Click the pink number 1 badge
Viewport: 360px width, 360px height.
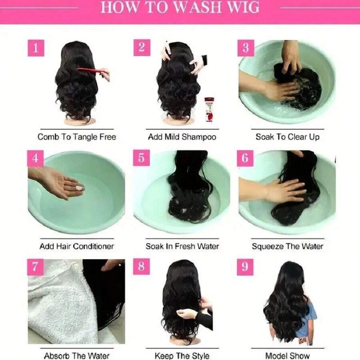coord(36,48)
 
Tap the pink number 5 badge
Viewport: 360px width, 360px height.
coord(141,158)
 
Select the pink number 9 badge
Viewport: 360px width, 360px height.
coord(245,267)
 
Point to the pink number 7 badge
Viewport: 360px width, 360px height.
coord(35,267)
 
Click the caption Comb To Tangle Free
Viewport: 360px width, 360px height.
coord(77,137)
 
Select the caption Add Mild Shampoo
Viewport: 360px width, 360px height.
coord(182,137)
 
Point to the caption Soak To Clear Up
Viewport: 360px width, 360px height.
coord(288,137)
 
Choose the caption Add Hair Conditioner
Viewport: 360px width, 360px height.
coord(77,246)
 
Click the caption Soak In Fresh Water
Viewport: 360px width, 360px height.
coord(182,246)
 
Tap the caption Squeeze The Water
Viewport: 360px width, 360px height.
coord(288,246)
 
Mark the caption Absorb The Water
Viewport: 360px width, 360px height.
coord(77,355)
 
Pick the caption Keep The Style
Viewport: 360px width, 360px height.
coord(182,355)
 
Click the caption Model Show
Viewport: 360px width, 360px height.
coord(288,355)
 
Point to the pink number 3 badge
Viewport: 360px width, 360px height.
coord(246,48)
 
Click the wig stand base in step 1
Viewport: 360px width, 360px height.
coord(80,121)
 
